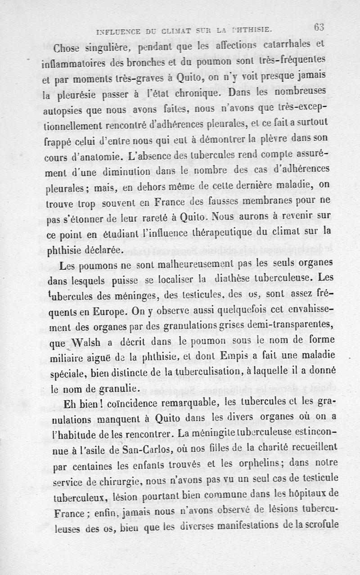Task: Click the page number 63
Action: (319, 27)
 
